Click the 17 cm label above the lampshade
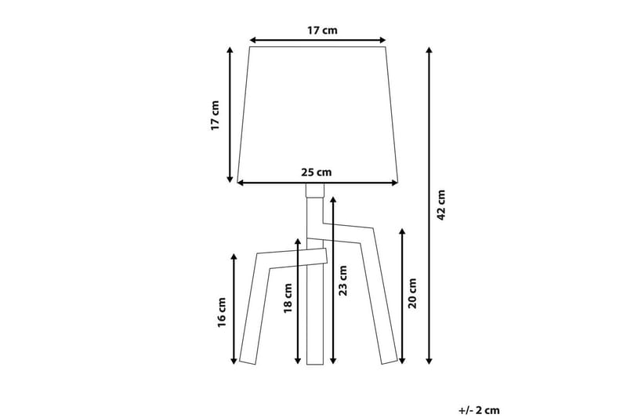(x=317, y=31)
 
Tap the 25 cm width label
(x=317, y=173)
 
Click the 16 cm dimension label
(x=222, y=312)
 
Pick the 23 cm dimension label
(x=342, y=281)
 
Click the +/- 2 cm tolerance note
(x=479, y=409)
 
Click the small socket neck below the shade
(x=313, y=191)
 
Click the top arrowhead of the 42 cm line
(x=429, y=51)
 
